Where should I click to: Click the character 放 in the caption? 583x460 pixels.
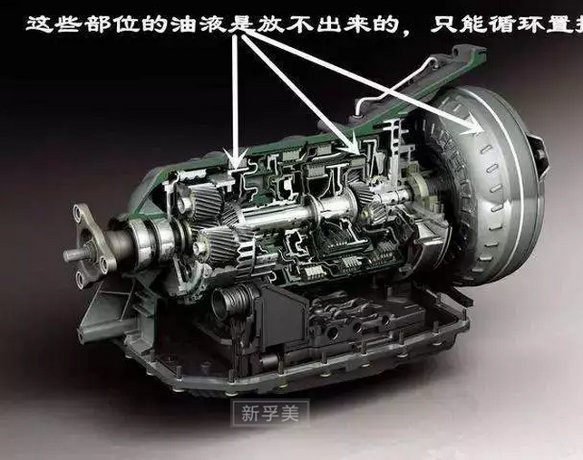(x=268, y=24)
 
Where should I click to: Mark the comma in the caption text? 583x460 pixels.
(x=410, y=29)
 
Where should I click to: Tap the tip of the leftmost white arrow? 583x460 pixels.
(x=238, y=161)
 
